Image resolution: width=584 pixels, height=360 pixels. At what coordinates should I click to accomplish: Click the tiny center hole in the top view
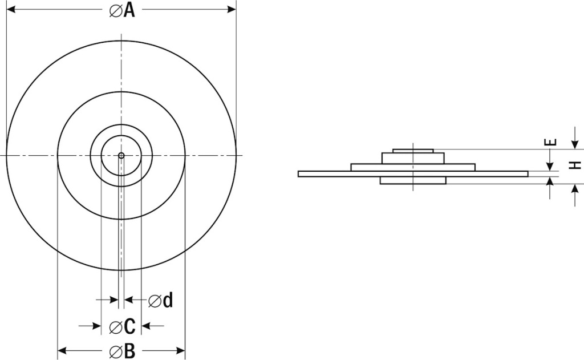(121, 155)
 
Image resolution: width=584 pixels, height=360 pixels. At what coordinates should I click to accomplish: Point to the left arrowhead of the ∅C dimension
(97, 326)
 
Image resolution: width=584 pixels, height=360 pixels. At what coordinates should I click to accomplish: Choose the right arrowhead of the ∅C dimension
(145, 326)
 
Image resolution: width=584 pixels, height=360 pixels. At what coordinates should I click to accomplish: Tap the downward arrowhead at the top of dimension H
(575, 144)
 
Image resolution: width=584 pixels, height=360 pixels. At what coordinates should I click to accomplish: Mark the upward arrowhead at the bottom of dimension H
(575, 189)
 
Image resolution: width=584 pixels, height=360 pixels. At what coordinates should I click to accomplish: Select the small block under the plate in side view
(413, 180)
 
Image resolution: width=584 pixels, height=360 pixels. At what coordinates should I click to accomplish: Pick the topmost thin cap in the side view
(413, 151)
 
